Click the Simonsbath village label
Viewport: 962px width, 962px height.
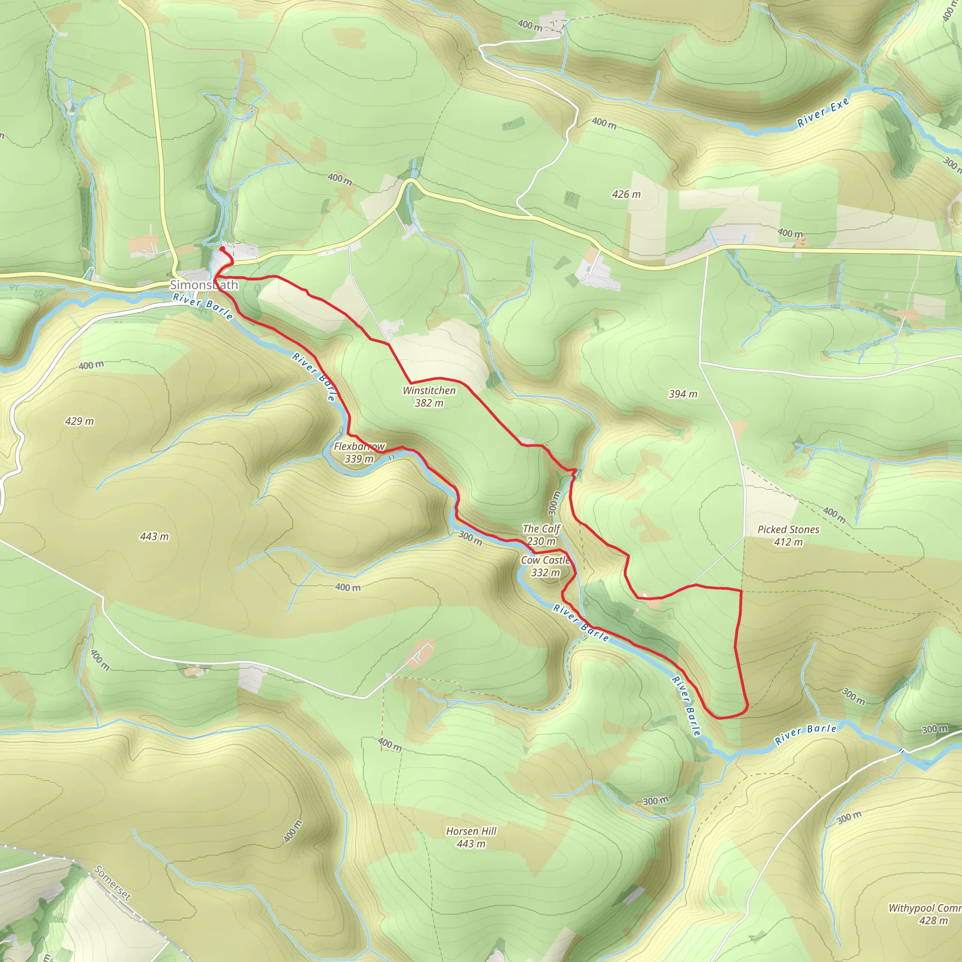coord(204,285)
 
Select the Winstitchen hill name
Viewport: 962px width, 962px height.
coord(429,390)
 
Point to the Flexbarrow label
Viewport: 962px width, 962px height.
coord(359,446)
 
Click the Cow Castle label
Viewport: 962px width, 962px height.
coord(545,560)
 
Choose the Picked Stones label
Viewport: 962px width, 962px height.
coord(788,529)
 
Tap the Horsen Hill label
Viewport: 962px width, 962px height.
coord(471,831)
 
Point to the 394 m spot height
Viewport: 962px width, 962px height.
coord(683,394)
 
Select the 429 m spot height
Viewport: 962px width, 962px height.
coord(79,421)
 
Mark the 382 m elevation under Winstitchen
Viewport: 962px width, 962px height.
coord(429,403)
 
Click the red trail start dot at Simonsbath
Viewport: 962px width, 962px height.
coord(222,249)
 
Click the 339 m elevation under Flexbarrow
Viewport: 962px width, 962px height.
coord(359,458)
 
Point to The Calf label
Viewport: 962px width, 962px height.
coord(541,529)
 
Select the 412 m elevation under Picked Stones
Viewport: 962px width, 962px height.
coord(788,542)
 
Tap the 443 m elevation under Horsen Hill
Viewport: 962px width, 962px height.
coord(471,844)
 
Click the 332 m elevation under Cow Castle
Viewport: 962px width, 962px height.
coord(545,573)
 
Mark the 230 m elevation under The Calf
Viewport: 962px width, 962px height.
coord(541,541)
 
